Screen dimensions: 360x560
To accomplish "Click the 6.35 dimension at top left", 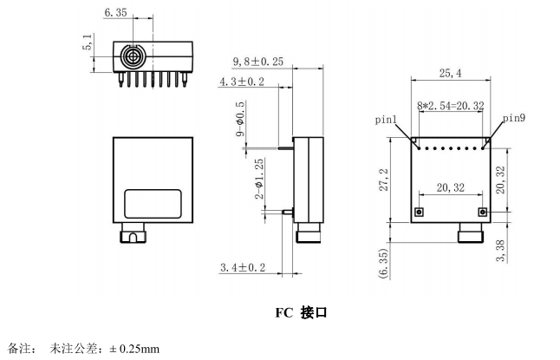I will click(x=115, y=13).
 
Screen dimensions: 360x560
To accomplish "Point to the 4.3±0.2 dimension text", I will click(x=242, y=82).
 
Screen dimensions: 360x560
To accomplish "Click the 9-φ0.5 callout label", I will click(x=240, y=121).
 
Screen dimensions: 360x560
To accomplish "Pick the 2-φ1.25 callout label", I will click(x=259, y=179).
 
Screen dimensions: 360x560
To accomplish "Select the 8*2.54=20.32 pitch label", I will click(x=450, y=106).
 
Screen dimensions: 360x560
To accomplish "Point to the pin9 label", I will click(x=514, y=117).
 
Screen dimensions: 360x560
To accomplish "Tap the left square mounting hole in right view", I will click(x=419, y=212).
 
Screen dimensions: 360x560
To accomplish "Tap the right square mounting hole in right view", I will click(x=482, y=212).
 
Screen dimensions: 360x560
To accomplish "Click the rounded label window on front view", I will click(x=153, y=204).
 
